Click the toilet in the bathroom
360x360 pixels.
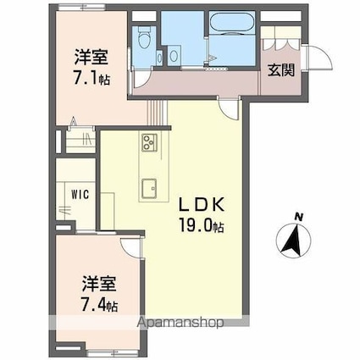pos(145,37)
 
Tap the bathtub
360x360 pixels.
pos(232,23)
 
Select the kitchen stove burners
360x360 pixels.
pos(150,142)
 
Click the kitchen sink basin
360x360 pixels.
pos(149,188)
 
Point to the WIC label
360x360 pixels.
pos(80,195)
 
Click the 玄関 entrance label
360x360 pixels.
pos(281,70)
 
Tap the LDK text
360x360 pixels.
pos(202,205)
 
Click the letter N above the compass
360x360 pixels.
pos(299,217)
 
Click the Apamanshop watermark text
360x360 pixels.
pos(181,323)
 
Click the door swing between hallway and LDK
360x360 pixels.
pos(230,109)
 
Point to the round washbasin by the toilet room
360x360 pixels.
pos(174,56)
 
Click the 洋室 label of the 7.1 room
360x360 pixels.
pos(91,57)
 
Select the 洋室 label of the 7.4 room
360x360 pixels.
pos(99,284)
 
